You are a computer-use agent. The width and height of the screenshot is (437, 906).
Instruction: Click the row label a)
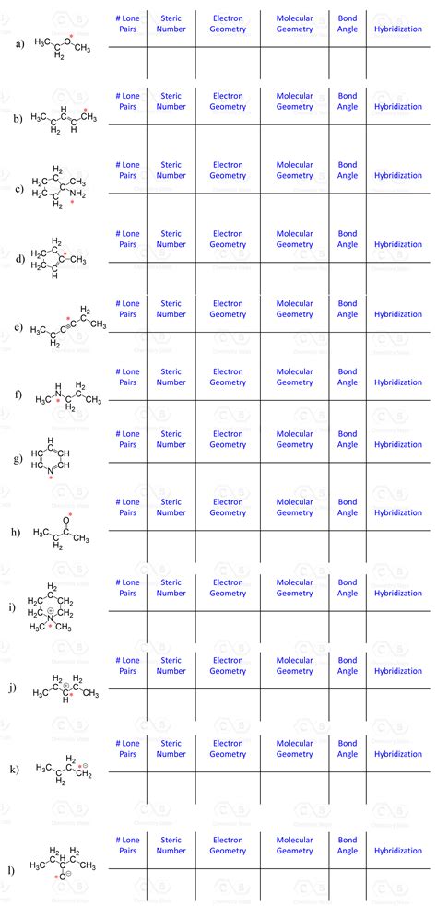18,43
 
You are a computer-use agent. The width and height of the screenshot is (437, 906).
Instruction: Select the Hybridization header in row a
398,29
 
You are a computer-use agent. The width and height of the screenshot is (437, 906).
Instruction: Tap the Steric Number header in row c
171,171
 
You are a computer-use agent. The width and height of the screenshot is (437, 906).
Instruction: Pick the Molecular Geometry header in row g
295,439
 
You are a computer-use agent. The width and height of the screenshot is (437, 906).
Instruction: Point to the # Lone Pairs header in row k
128,747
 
